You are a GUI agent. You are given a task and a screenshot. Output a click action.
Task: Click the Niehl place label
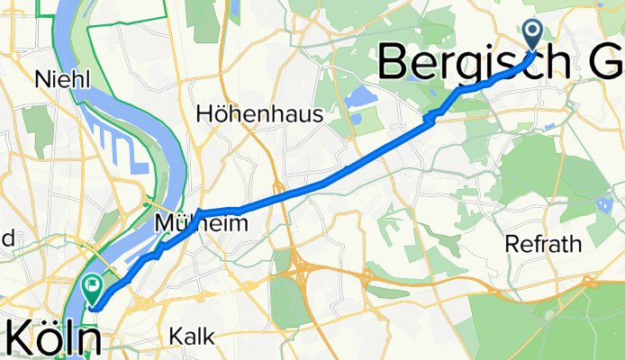[x=62, y=80]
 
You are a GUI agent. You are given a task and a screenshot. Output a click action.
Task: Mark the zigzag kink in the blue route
[x=430, y=115]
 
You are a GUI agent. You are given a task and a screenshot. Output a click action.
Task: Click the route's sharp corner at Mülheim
[x=198, y=212]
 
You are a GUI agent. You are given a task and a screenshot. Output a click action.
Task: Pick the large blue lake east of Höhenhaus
[x=358, y=97]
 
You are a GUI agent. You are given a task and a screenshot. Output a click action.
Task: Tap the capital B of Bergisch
[x=397, y=63]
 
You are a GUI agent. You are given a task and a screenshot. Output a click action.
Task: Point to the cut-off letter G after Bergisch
[x=608, y=63]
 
